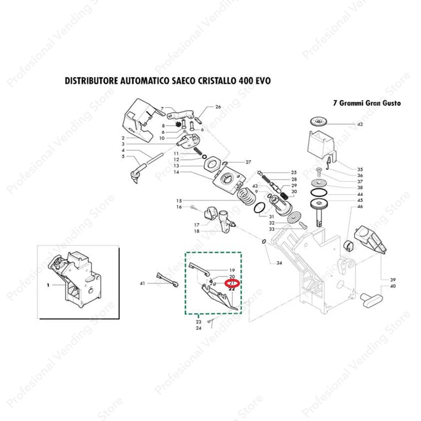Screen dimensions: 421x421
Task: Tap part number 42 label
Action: (x=360, y=124)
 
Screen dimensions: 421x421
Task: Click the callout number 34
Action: (x=279, y=263)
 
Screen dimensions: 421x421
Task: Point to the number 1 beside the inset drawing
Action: (x=48, y=285)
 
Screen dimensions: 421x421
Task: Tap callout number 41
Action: (x=142, y=283)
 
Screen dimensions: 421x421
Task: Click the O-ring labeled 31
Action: (x=259, y=209)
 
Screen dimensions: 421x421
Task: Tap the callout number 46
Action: (x=360, y=206)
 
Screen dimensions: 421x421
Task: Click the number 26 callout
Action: (x=218, y=107)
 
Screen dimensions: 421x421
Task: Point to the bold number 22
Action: (x=232, y=289)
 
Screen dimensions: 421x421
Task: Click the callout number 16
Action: (x=179, y=207)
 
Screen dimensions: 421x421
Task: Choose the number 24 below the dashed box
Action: (x=198, y=328)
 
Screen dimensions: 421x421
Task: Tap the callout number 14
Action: (x=176, y=172)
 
